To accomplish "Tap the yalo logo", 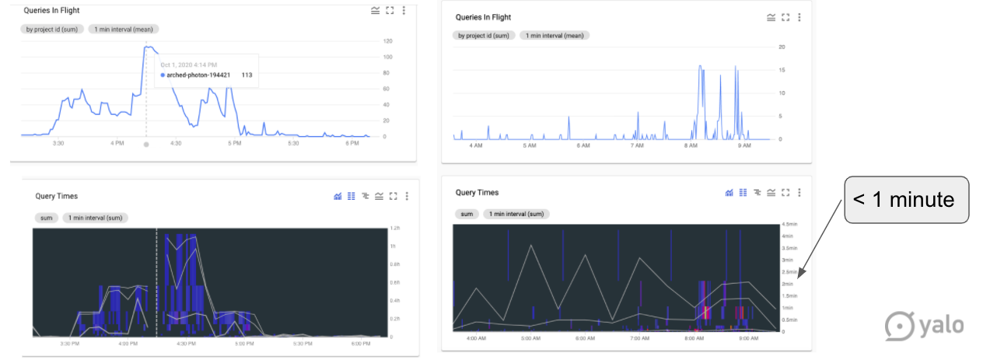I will [925, 324].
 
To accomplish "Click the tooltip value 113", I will [247, 75].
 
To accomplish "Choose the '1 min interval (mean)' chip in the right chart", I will [555, 35].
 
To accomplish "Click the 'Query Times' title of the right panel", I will [477, 192].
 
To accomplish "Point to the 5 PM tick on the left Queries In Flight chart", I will [234, 143].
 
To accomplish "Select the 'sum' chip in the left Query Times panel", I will [46, 218].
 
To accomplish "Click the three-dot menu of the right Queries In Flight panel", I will [799, 17].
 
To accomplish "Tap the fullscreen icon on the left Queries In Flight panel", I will [390, 11].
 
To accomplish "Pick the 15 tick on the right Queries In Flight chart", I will [782, 70].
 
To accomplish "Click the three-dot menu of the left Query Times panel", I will [407, 197].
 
